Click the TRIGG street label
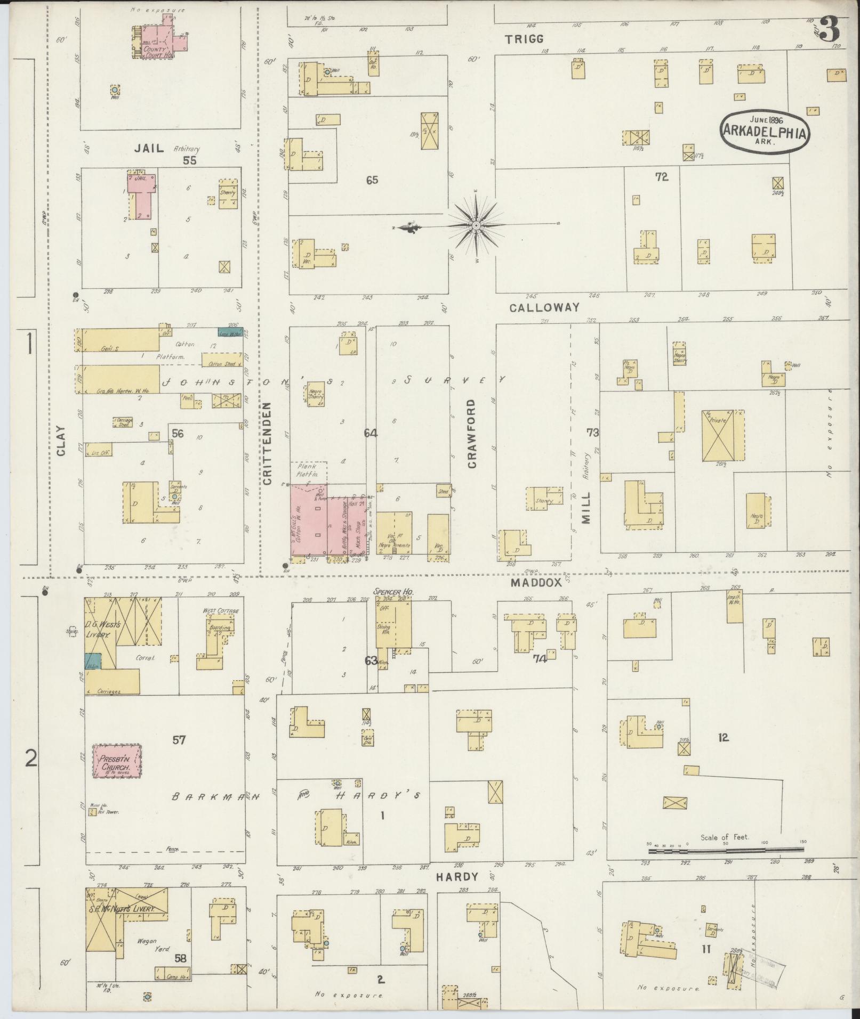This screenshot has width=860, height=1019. [x=525, y=39]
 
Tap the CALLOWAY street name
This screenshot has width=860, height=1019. [x=544, y=307]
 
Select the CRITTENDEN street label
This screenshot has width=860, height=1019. [x=268, y=443]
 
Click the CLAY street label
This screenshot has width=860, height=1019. [x=60, y=441]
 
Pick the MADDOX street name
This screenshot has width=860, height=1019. [x=536, y=583]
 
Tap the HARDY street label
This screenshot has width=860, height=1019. [x=456, y=877]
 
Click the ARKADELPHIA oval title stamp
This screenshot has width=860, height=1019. [x=765, y=129]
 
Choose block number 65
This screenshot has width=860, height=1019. [x=372, y=180]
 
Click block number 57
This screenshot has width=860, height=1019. [x=179, y=739]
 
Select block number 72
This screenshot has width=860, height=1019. [x=662, y=177]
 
